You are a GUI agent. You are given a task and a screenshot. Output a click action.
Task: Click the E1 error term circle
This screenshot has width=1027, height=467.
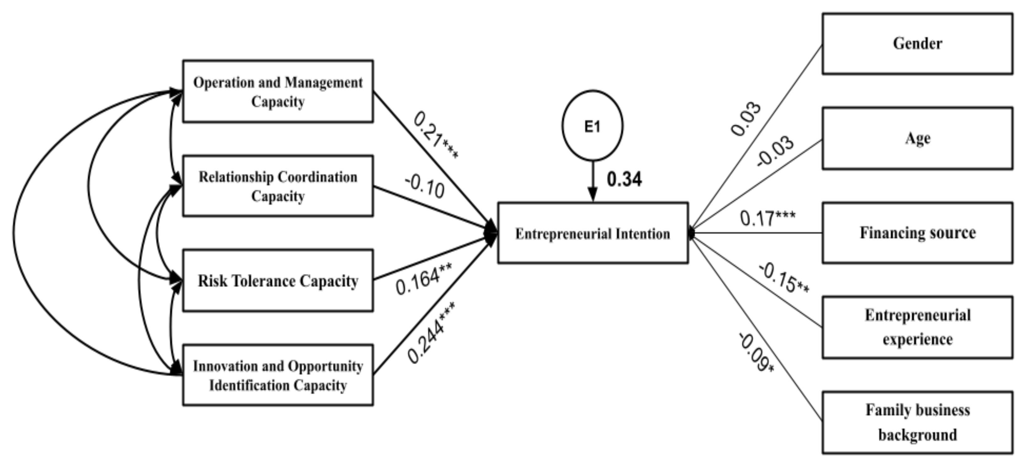point(592,126)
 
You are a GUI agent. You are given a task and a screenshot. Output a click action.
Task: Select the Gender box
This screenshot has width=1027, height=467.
point(917,44)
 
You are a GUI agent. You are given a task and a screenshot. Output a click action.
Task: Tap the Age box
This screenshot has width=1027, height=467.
point(917,138)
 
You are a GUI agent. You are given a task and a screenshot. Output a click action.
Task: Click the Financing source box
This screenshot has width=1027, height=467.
point(917,233)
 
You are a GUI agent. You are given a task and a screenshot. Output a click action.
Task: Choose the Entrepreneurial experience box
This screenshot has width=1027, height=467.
point(917,327)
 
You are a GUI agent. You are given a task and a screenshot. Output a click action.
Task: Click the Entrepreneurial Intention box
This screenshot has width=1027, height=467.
point(592,233)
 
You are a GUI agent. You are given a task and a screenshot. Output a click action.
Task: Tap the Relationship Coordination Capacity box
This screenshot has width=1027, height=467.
point(278,186)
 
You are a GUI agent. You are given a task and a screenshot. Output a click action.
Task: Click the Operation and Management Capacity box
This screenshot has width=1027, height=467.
point(278,91)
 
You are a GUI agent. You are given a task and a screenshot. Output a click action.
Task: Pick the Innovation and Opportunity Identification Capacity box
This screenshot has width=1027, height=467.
point(278,375)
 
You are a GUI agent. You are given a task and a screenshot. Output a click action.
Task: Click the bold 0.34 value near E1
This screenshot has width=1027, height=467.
point(624,179)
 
